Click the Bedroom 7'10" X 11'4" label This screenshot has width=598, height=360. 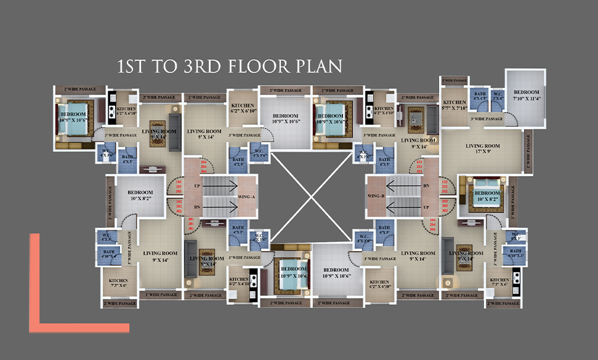tap(527, 95)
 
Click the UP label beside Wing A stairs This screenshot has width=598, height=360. tap(196, 185)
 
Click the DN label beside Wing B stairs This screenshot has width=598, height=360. tap(425, 185)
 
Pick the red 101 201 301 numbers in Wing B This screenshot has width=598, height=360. tap(420, 167)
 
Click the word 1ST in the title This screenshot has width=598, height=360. tap(132, 66)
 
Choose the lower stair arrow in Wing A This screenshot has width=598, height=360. tap(222, 207)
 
